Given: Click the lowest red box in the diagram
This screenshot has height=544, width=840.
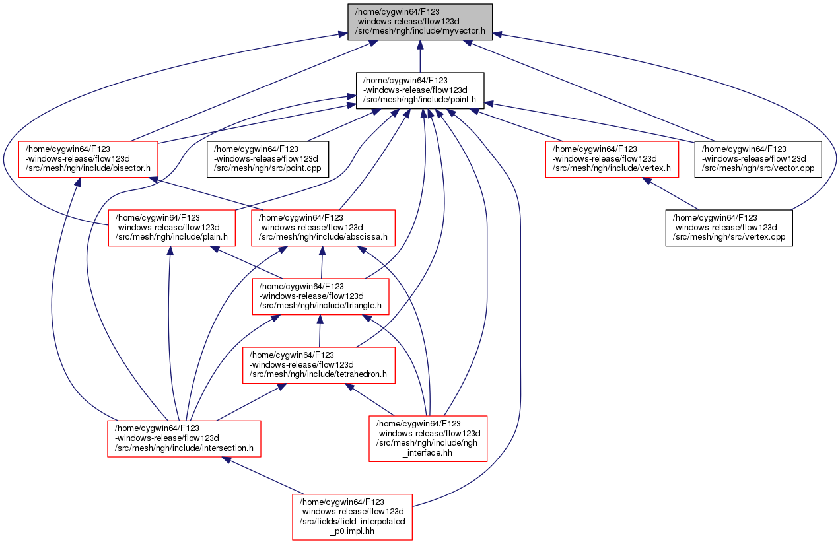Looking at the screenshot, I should coord(352,517).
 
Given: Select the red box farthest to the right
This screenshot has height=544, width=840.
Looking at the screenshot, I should coord(612,159).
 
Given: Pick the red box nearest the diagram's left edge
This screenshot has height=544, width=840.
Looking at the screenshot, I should coord(88,159).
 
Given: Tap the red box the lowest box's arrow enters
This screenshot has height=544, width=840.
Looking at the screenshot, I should coord(184,438).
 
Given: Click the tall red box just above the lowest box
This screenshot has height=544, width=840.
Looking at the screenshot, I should coord(427,438).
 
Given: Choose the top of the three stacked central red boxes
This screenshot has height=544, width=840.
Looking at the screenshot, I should coord(323,228).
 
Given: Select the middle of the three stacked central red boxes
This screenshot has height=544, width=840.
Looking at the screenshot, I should coord(320,296).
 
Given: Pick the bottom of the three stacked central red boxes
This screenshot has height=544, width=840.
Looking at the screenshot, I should coord(318,365).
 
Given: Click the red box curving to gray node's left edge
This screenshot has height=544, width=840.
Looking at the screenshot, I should coord(172,228).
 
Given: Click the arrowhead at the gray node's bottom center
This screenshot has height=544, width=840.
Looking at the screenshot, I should coord(419,45).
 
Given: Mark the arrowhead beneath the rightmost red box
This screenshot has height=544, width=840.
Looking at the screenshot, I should coord(648,180).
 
